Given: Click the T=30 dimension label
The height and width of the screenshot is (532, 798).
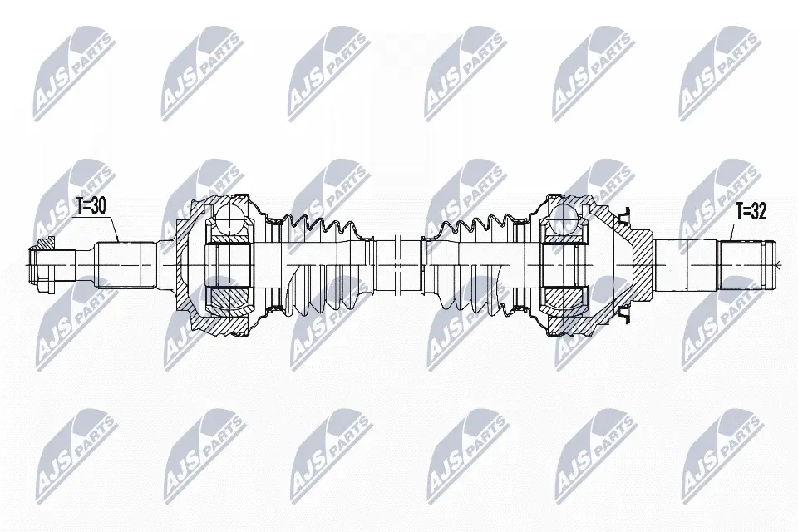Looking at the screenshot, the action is (91, 205).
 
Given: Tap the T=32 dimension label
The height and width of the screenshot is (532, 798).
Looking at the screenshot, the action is (751, 211).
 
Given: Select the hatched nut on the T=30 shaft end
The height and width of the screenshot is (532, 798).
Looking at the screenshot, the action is (45, 265).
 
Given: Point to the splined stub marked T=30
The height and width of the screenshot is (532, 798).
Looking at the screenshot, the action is (126, 265).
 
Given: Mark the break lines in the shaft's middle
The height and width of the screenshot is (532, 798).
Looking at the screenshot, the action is (397, 265).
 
